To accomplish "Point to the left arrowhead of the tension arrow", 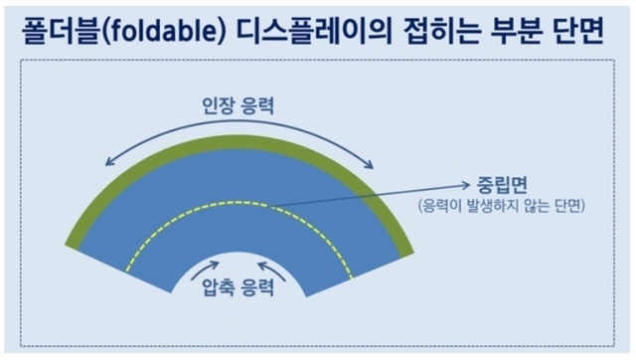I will tap(106, 161).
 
